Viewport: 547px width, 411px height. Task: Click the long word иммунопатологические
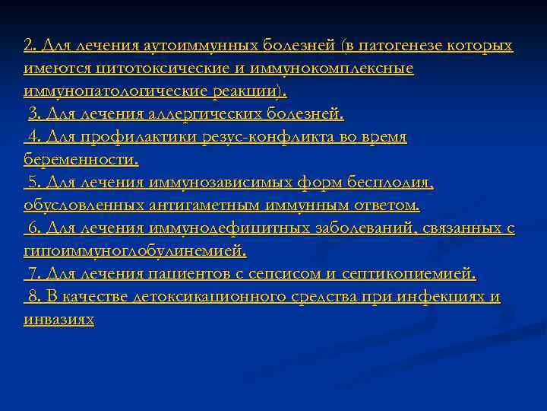pyautogui.click(x=106, y=91)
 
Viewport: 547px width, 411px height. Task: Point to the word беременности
pyautogui.click(x=81, y=160)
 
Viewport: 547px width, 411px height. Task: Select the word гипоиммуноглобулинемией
pyautogui.click(x=134, y=251)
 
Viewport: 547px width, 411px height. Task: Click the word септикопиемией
pyautogui.click(x=411, y=274)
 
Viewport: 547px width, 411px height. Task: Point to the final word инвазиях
pyautogui.click(x=58, y=320)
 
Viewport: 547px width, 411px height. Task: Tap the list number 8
pyautogui.click(x=33, y=297)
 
